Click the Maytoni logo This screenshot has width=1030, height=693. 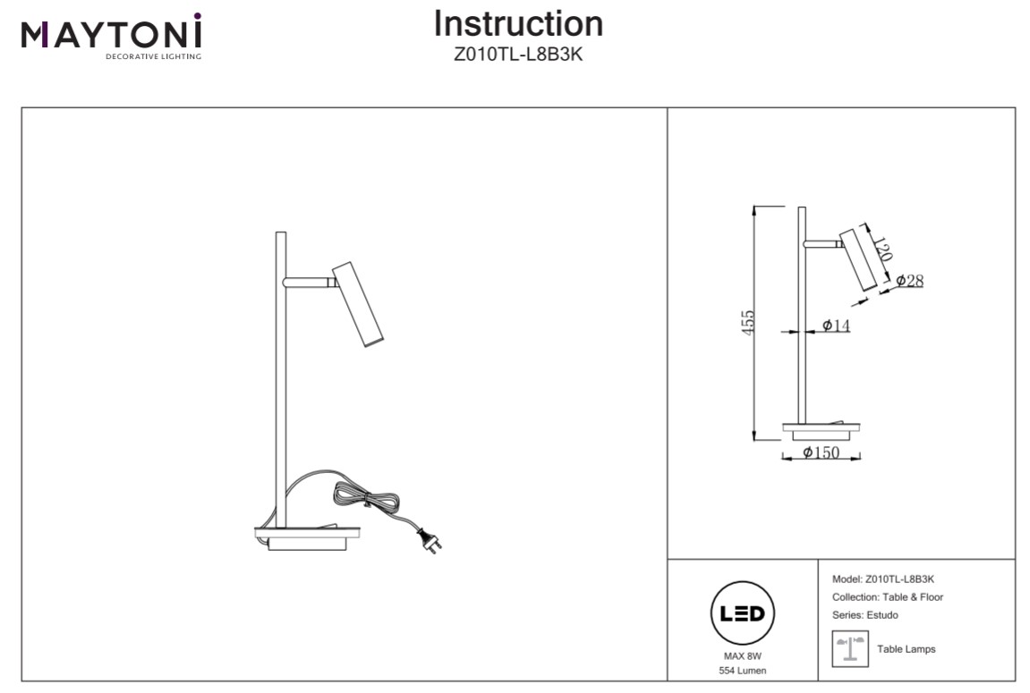pos(112,37)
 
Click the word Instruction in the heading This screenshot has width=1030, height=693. pos(518,24)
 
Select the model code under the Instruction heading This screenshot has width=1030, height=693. pos(518,54)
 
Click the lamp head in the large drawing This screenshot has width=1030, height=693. pos(359,304)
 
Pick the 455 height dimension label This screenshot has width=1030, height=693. pos(749,322)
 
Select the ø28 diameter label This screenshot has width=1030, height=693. pos(909,281)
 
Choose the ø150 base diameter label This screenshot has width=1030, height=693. pos(821,452)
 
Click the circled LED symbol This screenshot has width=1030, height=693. pos(742,614)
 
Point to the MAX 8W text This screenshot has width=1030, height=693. pos(742,655)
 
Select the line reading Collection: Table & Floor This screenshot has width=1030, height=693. pos(887,597)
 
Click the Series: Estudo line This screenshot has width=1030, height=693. pos(864,615)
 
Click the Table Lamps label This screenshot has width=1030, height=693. pos(906,649)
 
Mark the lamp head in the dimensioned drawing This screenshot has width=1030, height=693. pos(857,259)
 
